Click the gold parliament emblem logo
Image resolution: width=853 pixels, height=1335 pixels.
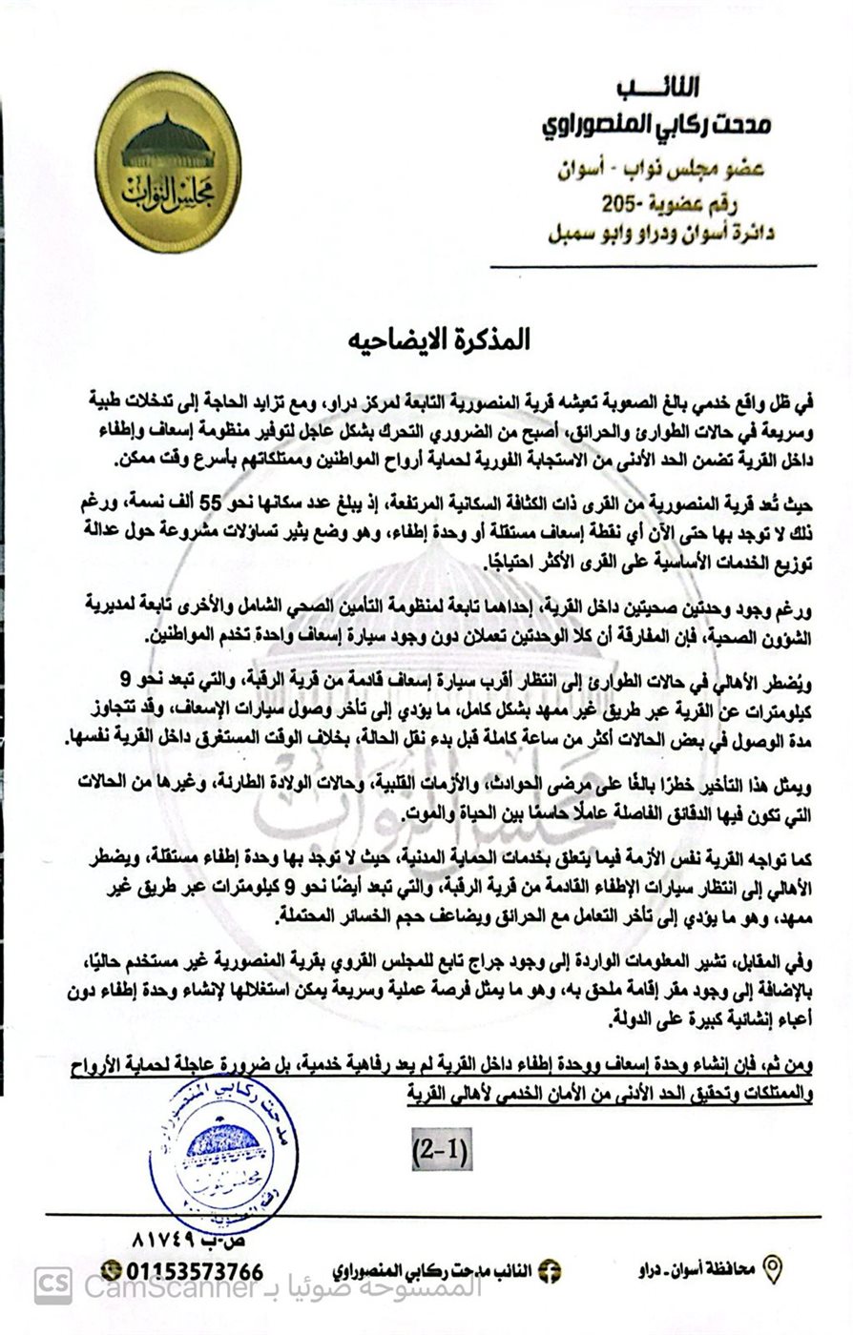coord(168,161)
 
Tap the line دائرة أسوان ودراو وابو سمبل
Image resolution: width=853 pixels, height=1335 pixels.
coord(652,232)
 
